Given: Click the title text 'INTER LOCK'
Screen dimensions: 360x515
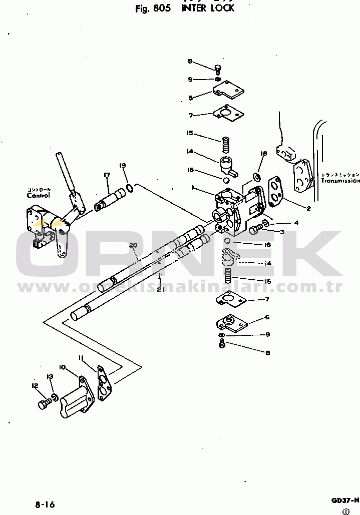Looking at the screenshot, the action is [208, 9].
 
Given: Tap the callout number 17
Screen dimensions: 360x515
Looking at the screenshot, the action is [107, 175].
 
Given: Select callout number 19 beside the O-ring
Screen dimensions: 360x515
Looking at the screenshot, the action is [122, 166].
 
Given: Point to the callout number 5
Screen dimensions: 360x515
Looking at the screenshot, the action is [190, 98].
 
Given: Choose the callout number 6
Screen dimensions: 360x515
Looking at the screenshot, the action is [267, 317].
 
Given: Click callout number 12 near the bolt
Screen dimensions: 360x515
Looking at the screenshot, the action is [35, 385].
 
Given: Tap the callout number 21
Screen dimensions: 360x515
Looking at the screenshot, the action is [160, 289].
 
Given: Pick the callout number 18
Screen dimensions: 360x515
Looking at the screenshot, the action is [264, 153].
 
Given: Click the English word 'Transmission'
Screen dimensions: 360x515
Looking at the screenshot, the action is [340, 180].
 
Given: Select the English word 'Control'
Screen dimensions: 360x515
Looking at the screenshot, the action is [39, 196].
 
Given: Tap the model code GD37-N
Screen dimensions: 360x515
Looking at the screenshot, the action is [344, 500].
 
